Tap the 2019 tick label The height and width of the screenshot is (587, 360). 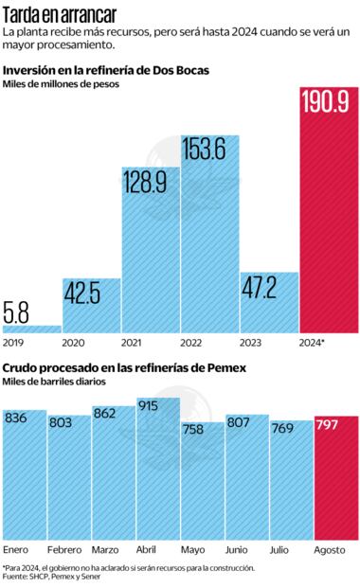pyautogui.click(x=15, y=342)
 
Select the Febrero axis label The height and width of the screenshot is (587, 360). pyautogui.click(x=64, y=549)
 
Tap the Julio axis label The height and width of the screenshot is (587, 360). pyautogui.click(x=281, y=549)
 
